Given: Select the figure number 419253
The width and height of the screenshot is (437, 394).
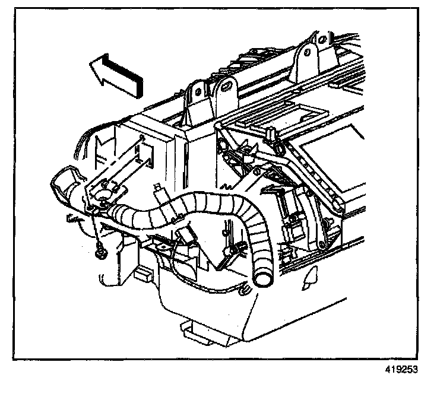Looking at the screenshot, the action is (401, 368).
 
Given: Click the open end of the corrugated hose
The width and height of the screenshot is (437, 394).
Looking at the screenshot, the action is (262, 276).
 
